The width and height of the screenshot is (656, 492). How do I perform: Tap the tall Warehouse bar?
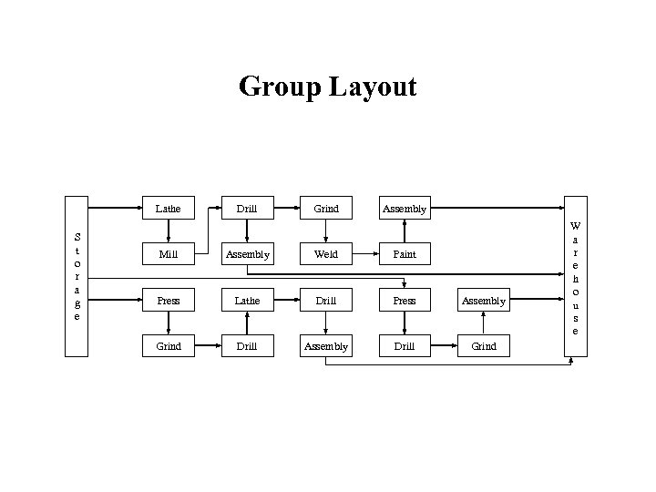(575, 277)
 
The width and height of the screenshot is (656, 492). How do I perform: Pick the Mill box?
(169, 254)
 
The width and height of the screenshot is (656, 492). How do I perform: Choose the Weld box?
(326, 254)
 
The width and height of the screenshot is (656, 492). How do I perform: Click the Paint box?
(405, 254)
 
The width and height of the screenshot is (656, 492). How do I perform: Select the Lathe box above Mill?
(169, 209)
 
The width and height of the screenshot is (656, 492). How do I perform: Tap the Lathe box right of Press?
(247, 301)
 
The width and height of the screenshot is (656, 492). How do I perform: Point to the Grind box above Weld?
(326, 209)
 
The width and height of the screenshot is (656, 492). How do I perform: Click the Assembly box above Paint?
(405, 209)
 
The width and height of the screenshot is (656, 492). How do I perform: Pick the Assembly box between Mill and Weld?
(247, 254)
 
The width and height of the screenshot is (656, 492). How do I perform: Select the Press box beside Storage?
(169, 301)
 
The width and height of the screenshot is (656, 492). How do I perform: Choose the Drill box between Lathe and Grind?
(247, 209)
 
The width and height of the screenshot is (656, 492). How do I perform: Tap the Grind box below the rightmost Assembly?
(484, 346)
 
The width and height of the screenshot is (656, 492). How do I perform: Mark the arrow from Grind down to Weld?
(326, 231)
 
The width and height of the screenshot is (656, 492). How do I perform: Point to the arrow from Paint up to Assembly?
(405, 231)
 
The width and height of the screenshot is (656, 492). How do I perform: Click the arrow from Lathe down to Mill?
(169, 231)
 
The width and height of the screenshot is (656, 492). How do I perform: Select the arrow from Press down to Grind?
(169, 323)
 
